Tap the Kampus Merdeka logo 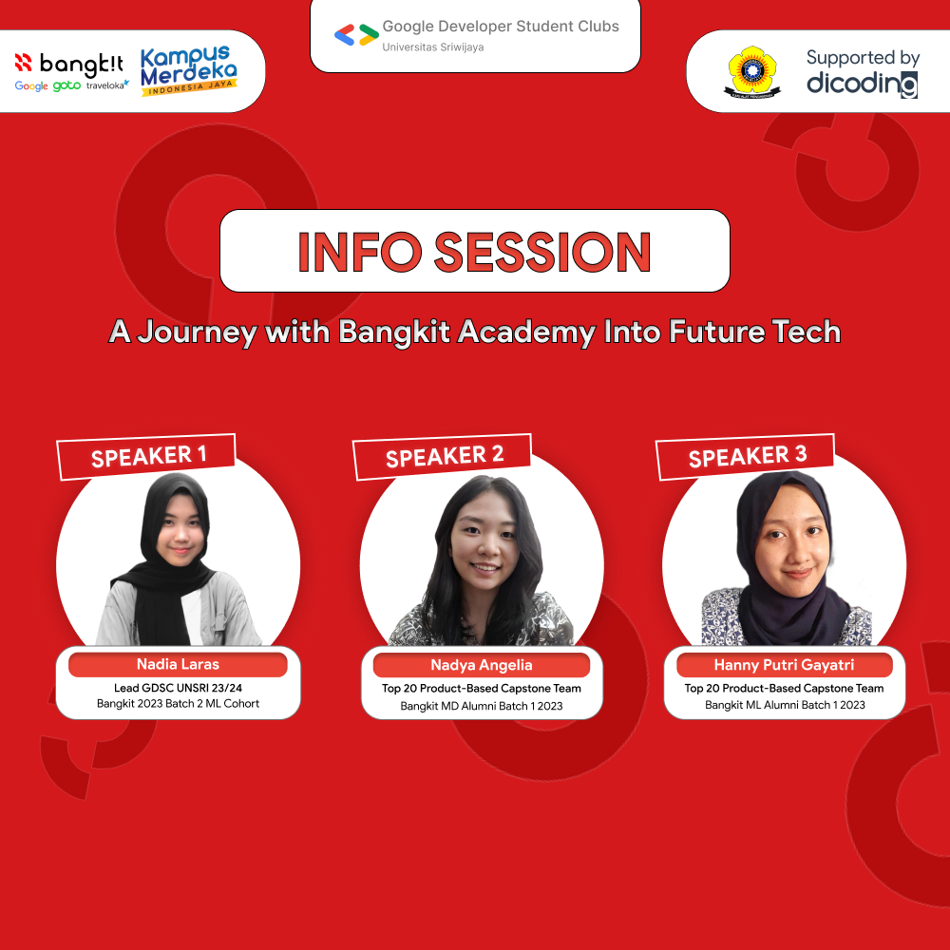[188, 70]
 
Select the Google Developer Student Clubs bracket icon [356, 35]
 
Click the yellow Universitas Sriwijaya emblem [751, 70]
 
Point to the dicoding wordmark [862, 84]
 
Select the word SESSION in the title [542, 251]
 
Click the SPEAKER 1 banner [148, 456]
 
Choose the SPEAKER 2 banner [444, 457]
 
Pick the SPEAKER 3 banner [747, 456]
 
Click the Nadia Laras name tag [178, 664]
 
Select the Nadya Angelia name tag [482, 665]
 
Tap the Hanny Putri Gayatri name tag [784, 665]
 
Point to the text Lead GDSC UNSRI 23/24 [178, 687]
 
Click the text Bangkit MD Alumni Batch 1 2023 [482, 706]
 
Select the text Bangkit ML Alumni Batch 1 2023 [785, 705]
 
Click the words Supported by [863, 58]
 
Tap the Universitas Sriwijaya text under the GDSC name [432, 47]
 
